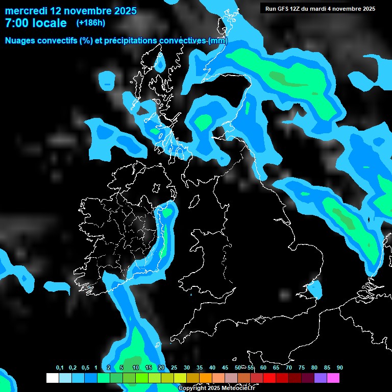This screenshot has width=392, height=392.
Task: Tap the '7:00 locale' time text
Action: coord(36,23)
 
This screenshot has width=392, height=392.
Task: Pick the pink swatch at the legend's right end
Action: coord(333,378)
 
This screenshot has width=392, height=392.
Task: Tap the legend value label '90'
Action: coord(339,367)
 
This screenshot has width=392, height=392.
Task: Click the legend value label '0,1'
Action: coord(60,367)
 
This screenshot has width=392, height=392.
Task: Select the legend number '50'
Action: coord(238,367)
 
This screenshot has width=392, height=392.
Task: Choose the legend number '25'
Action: coord(174,367)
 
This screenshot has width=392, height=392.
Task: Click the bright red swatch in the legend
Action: coord(269,378)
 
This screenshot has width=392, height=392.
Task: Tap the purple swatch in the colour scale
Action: coord(321,378)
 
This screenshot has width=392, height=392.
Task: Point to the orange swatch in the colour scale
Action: coord(206,378)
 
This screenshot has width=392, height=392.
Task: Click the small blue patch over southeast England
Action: coord(314,290)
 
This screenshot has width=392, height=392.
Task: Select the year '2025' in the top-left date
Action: coord(120,11)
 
